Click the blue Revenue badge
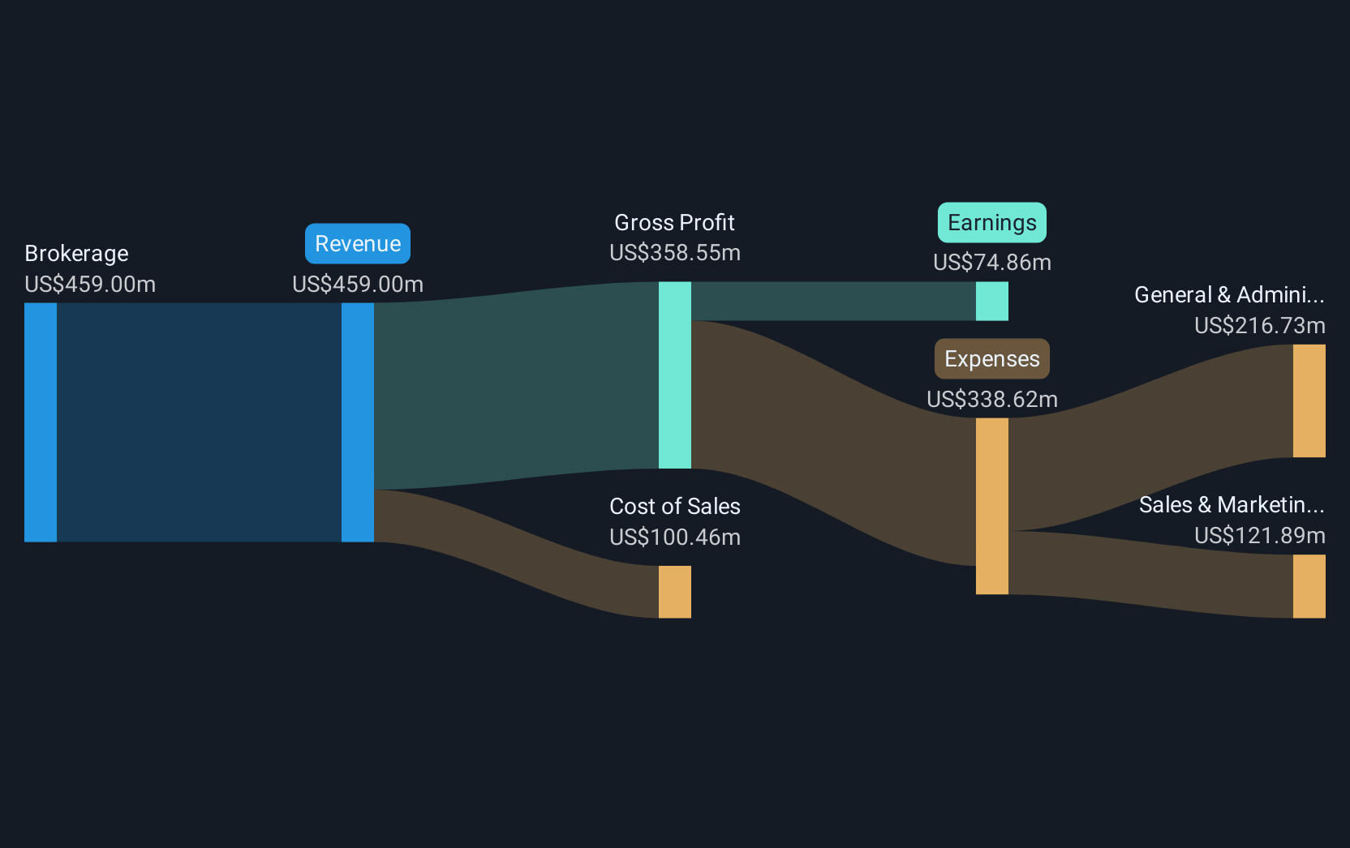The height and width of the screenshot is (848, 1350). coord(358,243)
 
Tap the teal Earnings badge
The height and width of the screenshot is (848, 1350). coord(991,222)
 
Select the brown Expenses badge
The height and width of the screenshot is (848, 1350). coord(991,358)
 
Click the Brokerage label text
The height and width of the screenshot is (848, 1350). coord(76,254)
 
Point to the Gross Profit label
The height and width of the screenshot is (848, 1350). coord(674,222)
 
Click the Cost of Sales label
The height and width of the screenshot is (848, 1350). coord(674,506)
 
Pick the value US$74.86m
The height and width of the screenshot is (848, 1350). coord(991,263)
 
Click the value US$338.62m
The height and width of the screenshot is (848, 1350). coord(991,399)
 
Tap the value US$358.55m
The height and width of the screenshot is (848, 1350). coord(674,253)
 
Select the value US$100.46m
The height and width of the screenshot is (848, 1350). coord(674,537)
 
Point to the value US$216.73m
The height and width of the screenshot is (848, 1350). coord(1259,326)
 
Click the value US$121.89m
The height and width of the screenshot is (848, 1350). coord(1259,536)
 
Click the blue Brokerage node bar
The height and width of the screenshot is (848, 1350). coord(41,422)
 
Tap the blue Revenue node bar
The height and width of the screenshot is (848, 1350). coord(358,422)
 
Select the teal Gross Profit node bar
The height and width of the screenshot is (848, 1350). coord(674,375)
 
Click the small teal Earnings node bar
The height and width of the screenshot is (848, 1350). coord(991,302)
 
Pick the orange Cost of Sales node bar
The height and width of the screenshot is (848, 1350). coord(674,592)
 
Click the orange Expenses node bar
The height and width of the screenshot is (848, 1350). coord(991,506)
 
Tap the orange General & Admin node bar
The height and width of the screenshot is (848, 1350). coord(1309,400)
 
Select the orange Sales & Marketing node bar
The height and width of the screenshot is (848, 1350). coord(1309,586)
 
